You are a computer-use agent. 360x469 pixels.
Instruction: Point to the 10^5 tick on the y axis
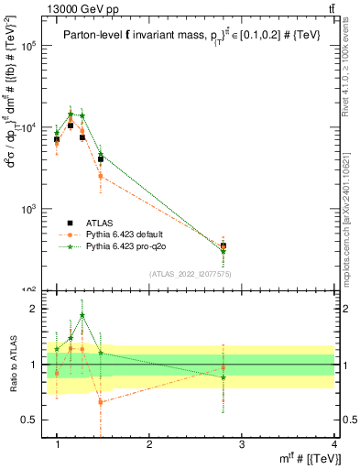pyautogui.click(x=27, y=46)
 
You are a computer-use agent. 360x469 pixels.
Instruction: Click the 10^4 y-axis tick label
pyautogui.click(x=27, y=127)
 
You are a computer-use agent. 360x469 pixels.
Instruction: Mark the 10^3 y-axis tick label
pyautogui.click(x=27, y=209)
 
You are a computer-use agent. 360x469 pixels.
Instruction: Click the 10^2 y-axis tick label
pyautogui.click(x=27, y=289)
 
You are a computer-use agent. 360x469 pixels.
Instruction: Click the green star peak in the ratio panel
pyautogui.click(x=82, y=315)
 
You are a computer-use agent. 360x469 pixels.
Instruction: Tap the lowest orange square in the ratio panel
pyautogui.click(x=101, y=401)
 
